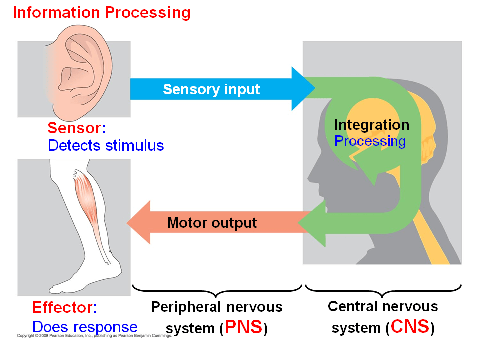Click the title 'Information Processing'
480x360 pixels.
[x=101, y=12]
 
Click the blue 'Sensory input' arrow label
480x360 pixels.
[x=211, y=89]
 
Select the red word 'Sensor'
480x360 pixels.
[x=74, y=128]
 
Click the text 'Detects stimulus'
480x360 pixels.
[x=106, y=145]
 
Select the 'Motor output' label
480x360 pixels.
[x=212, y=223]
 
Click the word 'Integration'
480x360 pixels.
[x=371, y=125]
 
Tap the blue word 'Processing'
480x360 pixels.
[x=370, y=141]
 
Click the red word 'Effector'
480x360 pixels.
[x=62, y=307]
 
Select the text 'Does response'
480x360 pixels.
[x=85, y=327]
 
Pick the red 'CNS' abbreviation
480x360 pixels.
[x=410, y=327]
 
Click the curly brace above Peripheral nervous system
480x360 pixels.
[x=217, y=290]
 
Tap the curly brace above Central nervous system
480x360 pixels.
[x=383, y=290]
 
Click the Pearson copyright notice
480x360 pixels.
[x=95, y=336]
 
